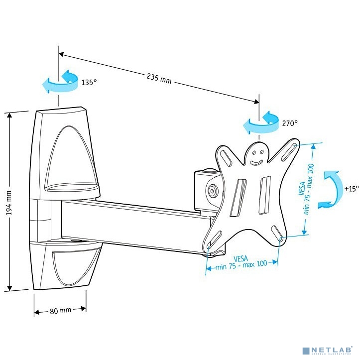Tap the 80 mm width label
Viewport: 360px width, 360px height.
pyautogui.click(x=60, y=311)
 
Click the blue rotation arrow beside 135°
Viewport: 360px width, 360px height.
pyautogui.click(x=59, y=83)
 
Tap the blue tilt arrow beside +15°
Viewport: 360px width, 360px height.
pyautogui.click(x=332, y=188)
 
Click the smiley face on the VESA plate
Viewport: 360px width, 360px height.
pyautogui.click(x=256, y=155)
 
